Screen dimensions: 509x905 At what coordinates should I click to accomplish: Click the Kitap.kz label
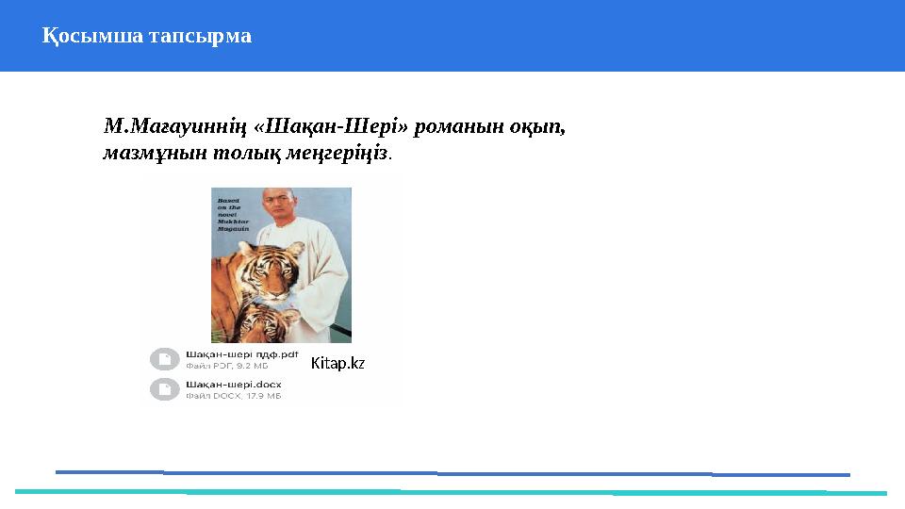click(x=337, y=363)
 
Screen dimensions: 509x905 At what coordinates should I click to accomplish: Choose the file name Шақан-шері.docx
click(x=233, y=385)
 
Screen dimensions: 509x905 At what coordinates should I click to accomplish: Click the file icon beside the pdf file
click(x=165, y=359)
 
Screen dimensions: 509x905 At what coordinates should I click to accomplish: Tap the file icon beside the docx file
click(x=165, y=389)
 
